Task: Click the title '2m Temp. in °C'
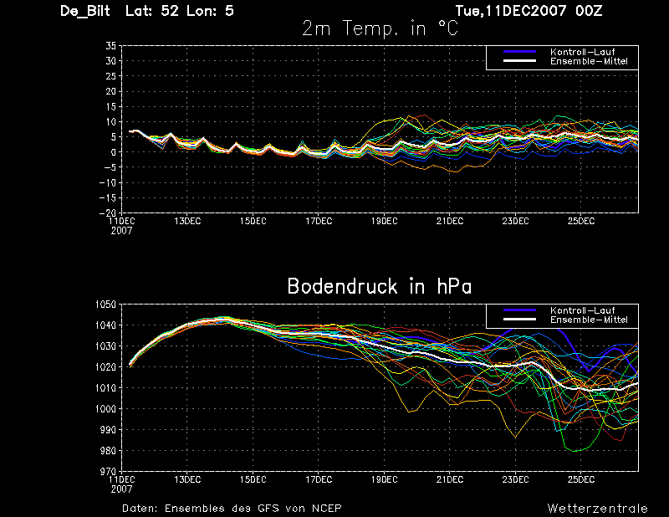(380, 28)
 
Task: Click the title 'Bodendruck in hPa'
(380, 286)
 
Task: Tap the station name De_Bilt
(85, 11)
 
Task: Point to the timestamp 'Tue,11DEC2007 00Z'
(529, 10)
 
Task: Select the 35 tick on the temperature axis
(111, 46)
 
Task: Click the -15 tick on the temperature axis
(108, 198)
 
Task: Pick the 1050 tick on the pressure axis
(105, 305)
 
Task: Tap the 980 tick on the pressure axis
(107, 451)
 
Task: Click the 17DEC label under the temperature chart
(319, 221)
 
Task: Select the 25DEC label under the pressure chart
(581, 479)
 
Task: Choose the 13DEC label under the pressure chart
(187, 479)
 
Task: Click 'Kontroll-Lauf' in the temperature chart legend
(582, 52)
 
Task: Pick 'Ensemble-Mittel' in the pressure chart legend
(589, 320)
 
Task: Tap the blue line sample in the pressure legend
(519, 310)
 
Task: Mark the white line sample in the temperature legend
(519, 60)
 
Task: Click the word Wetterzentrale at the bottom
(598, 509)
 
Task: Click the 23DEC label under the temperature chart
(515, 221)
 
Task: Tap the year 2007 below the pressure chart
(121, 489)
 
